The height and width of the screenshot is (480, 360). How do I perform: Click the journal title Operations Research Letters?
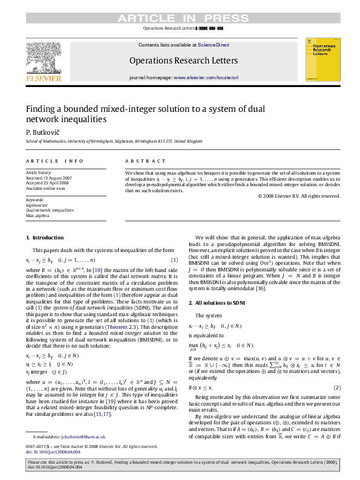point(180,60)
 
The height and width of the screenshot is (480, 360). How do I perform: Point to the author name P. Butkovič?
point(39,132)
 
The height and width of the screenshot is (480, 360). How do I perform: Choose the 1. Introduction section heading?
point(40,238)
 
